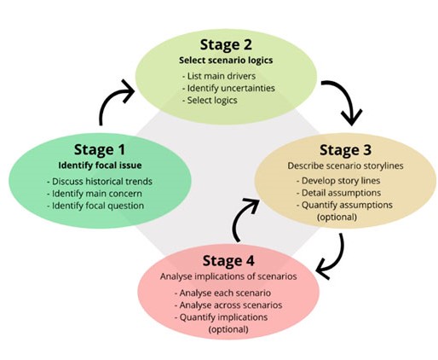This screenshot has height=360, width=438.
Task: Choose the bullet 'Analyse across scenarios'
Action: tap(228, 305)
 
